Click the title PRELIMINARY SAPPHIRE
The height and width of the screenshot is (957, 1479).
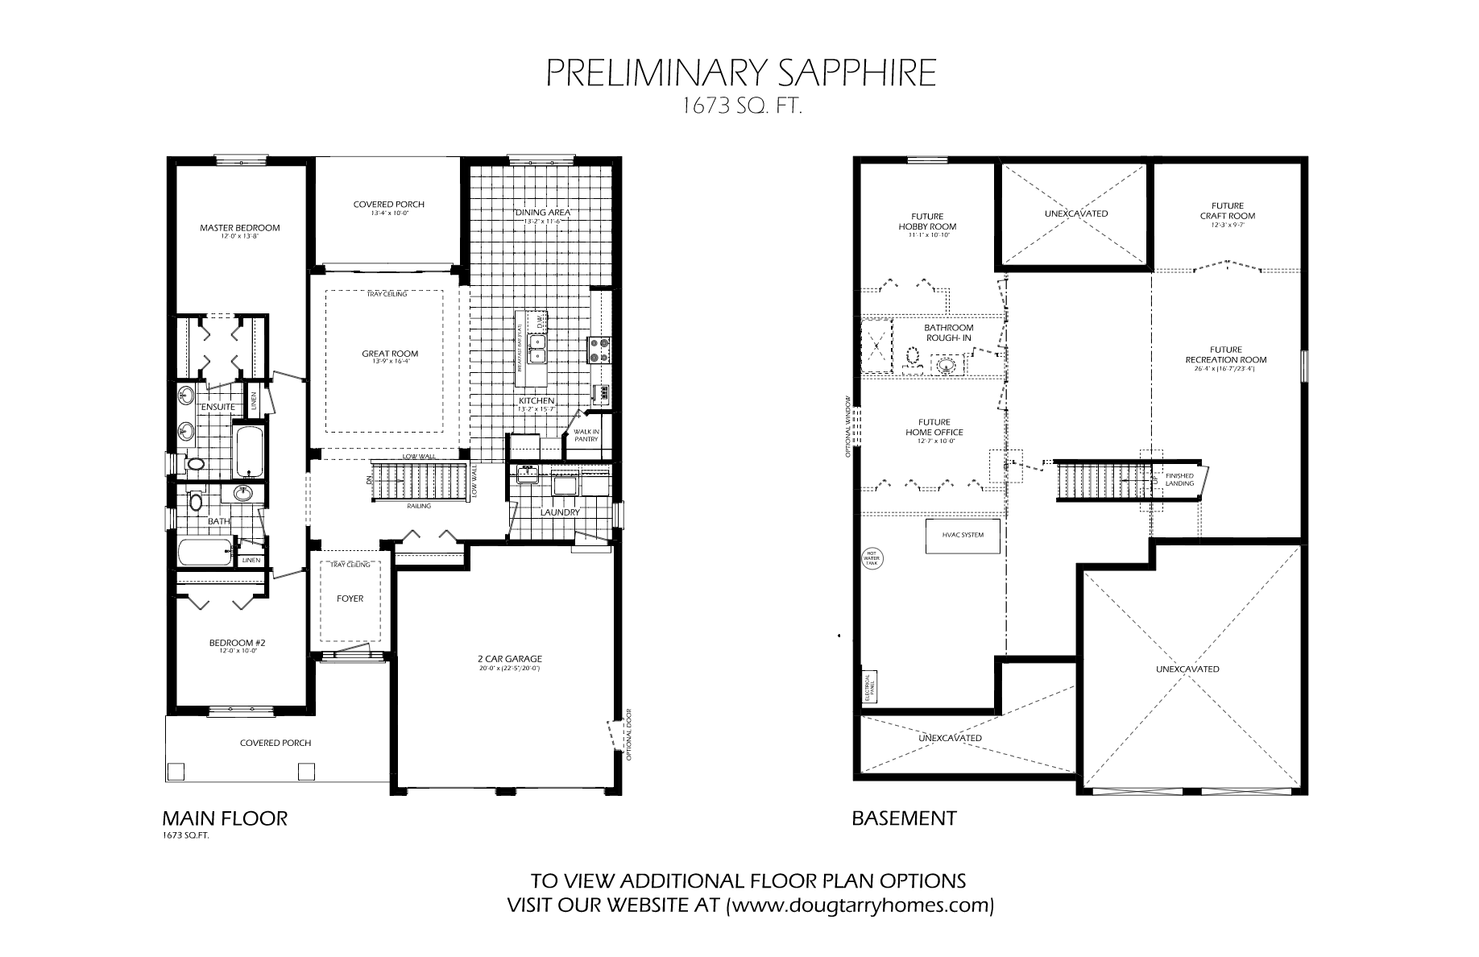click(741, 73)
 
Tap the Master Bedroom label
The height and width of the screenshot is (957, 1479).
click(240, 228)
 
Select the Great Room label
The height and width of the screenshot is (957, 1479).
click(390, 354)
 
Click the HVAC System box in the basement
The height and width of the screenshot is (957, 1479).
click(963, 535)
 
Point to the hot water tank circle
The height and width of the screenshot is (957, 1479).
click(872, 558)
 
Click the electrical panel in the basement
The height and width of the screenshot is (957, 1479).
click(869, 685)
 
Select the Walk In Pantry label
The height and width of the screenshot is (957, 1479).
click(586, 435)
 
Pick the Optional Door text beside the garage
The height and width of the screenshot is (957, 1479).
click(628, 734)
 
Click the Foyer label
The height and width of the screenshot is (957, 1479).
click(350, 599)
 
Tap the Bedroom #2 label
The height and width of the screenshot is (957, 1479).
click(238, 643)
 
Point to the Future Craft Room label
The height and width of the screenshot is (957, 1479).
click(1227, 211)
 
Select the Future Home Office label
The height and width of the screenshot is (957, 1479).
click(934, 427)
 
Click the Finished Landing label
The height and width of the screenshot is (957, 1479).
click(1179, 479)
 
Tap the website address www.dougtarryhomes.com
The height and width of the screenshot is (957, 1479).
click(860, 905)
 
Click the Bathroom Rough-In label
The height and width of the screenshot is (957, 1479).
click(948, 333)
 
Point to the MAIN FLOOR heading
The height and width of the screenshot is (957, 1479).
click(225, 818)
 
